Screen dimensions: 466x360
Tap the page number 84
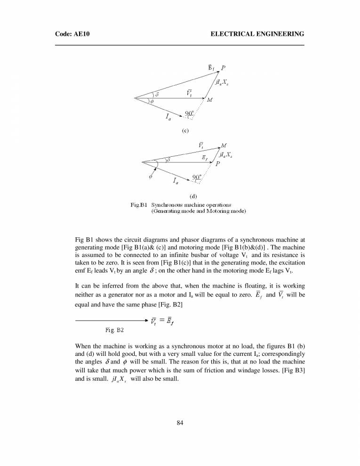(180, 422)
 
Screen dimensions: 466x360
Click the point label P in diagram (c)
(223, 67)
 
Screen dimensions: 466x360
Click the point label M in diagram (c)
(209, 100)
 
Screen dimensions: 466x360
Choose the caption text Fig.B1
(139, 205)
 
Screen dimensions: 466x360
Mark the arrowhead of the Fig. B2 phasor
(146, 321)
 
